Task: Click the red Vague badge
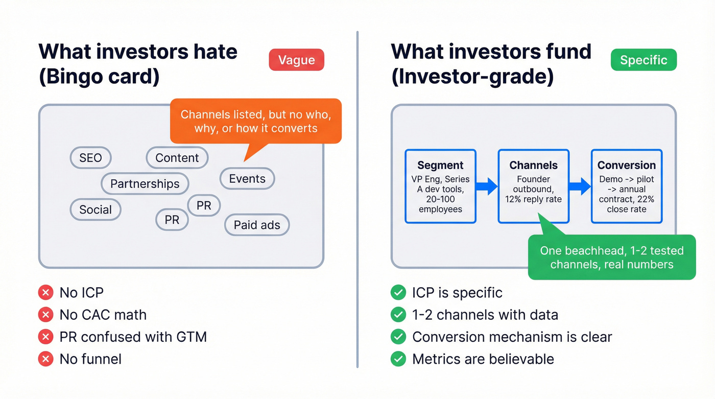click(296, 60)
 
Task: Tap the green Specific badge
click(643, 60)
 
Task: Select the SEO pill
click(90, 158)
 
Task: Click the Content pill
click(177, 158)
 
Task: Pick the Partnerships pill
click(145, 184)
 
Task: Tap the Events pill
click(247, 179)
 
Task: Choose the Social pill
click(96, 209)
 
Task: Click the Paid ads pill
click(257, 225)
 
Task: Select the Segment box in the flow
click(440, 186)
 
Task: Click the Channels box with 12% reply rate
click(533, 186)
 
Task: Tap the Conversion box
click(627, 186)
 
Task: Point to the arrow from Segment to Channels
click(487, 186)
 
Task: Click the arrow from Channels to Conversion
click(580, 186)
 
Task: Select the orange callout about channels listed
click(255, 121)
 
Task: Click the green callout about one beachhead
click(611, 257)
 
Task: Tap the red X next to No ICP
click(46, 293)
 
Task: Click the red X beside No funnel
click(46, 359)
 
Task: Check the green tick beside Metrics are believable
click(398, 359)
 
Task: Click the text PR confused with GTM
click(133, 337)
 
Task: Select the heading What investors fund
click(491, 52)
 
